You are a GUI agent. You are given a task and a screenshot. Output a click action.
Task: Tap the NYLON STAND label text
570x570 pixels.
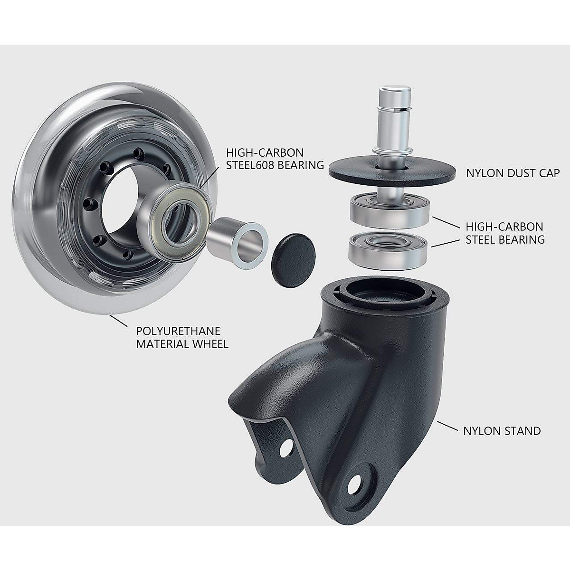pyautogui.click(x=502, y=431)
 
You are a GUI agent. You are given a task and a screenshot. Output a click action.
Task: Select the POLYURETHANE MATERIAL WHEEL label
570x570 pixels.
pyautogui.click(x=182, y=337)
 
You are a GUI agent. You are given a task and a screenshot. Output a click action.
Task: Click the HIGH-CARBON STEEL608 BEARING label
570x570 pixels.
pyautogui.click(x=275, y=159)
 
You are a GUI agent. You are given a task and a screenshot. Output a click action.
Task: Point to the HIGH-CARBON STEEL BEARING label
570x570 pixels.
pyautogui.click(x=504, y=233)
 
